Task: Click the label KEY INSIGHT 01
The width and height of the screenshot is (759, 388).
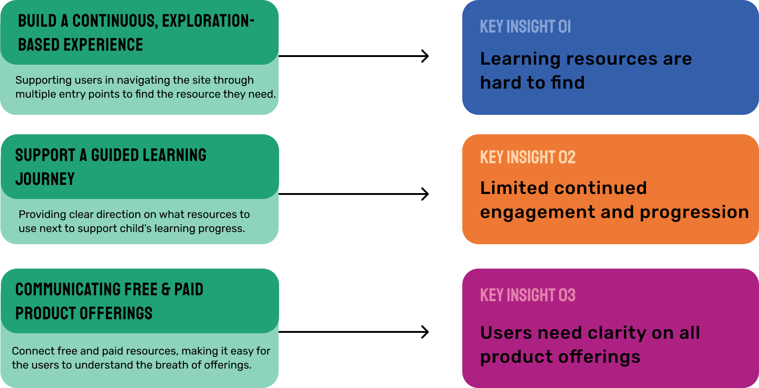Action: pyautogui.click(x=525, y=27)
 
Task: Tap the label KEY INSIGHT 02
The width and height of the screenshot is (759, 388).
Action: pyautogui.click(x=527, y=157)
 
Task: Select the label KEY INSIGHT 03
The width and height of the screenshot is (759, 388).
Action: pyautogui.click(x=527, y=295)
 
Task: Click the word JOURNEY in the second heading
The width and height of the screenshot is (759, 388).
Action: pyautogui.click(x=45, y=179)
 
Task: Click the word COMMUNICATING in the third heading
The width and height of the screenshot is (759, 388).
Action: pyautogui.click(x=68, y=289)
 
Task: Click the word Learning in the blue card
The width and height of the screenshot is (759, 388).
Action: pyautogui.click(x=521, y=59)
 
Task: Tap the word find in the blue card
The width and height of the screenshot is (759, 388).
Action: pyautogui.click(x=568, y=83)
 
